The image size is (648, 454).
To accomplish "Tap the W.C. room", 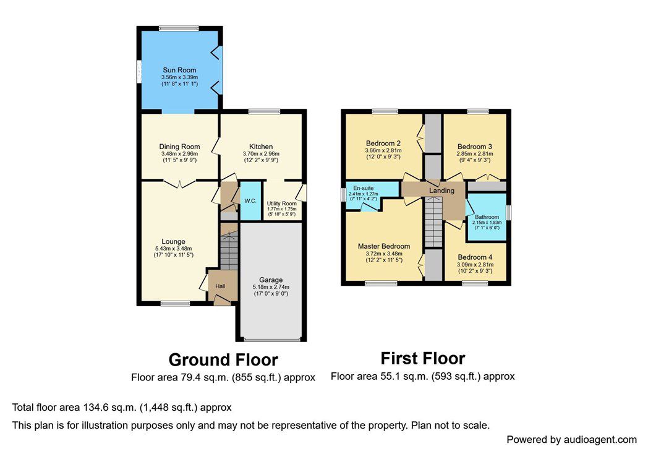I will point(250,200).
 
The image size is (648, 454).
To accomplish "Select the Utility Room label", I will point(281,203).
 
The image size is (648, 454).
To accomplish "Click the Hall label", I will point(220,286).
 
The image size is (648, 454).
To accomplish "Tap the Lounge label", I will point(174,241).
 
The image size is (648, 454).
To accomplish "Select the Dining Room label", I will point(179,147).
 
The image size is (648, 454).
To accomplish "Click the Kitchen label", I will point(261,147).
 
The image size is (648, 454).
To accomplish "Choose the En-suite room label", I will point(364,188).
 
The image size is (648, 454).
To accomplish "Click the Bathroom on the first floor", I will point(487,217).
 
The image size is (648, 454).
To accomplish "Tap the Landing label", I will point(441,191).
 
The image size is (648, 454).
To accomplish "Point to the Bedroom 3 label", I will point(474,147).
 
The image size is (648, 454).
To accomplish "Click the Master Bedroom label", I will point(383,246).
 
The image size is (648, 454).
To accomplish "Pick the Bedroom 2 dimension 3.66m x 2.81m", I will point(383,150).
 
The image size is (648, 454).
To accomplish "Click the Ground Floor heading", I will point(223,359).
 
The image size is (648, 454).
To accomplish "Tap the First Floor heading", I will point(422,358).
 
